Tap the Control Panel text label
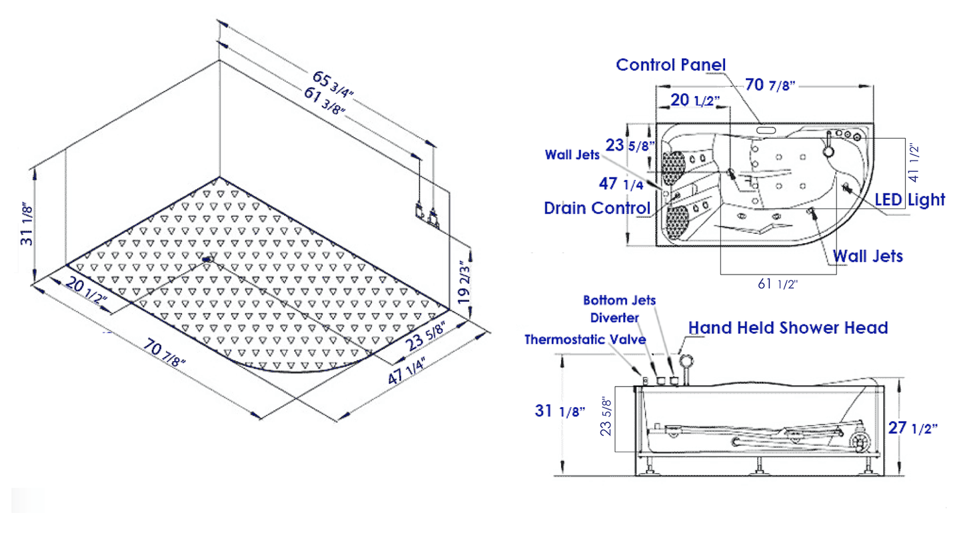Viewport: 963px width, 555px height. click(x=670, y=65)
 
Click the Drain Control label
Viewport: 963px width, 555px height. click(x=596, y=207)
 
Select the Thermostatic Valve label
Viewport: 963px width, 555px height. click(x=585, y=339)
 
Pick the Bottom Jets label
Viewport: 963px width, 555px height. click(x=619, y=300)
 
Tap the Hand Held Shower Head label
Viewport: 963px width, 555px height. click(x=788, y=328)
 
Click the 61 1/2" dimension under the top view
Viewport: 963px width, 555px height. click(x=777, y=284)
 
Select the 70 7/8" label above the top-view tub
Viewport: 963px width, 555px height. click(x=770, y=85)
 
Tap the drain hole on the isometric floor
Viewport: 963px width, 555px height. click(x=207, y=260)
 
